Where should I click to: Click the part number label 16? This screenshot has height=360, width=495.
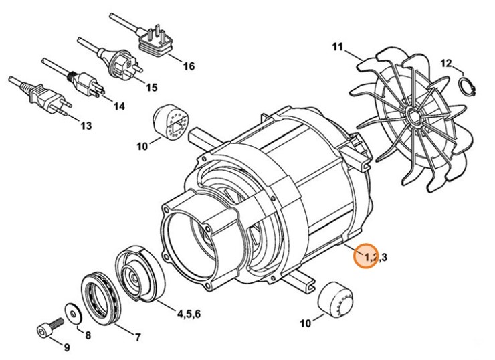[188, 66]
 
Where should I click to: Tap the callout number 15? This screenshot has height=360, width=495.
[151, 88]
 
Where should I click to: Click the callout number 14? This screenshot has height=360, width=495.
[118, 106]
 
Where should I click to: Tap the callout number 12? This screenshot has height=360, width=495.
[446, 63]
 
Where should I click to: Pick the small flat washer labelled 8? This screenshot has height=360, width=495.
[72, 312]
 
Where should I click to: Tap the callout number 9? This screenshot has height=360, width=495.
[66, 347]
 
